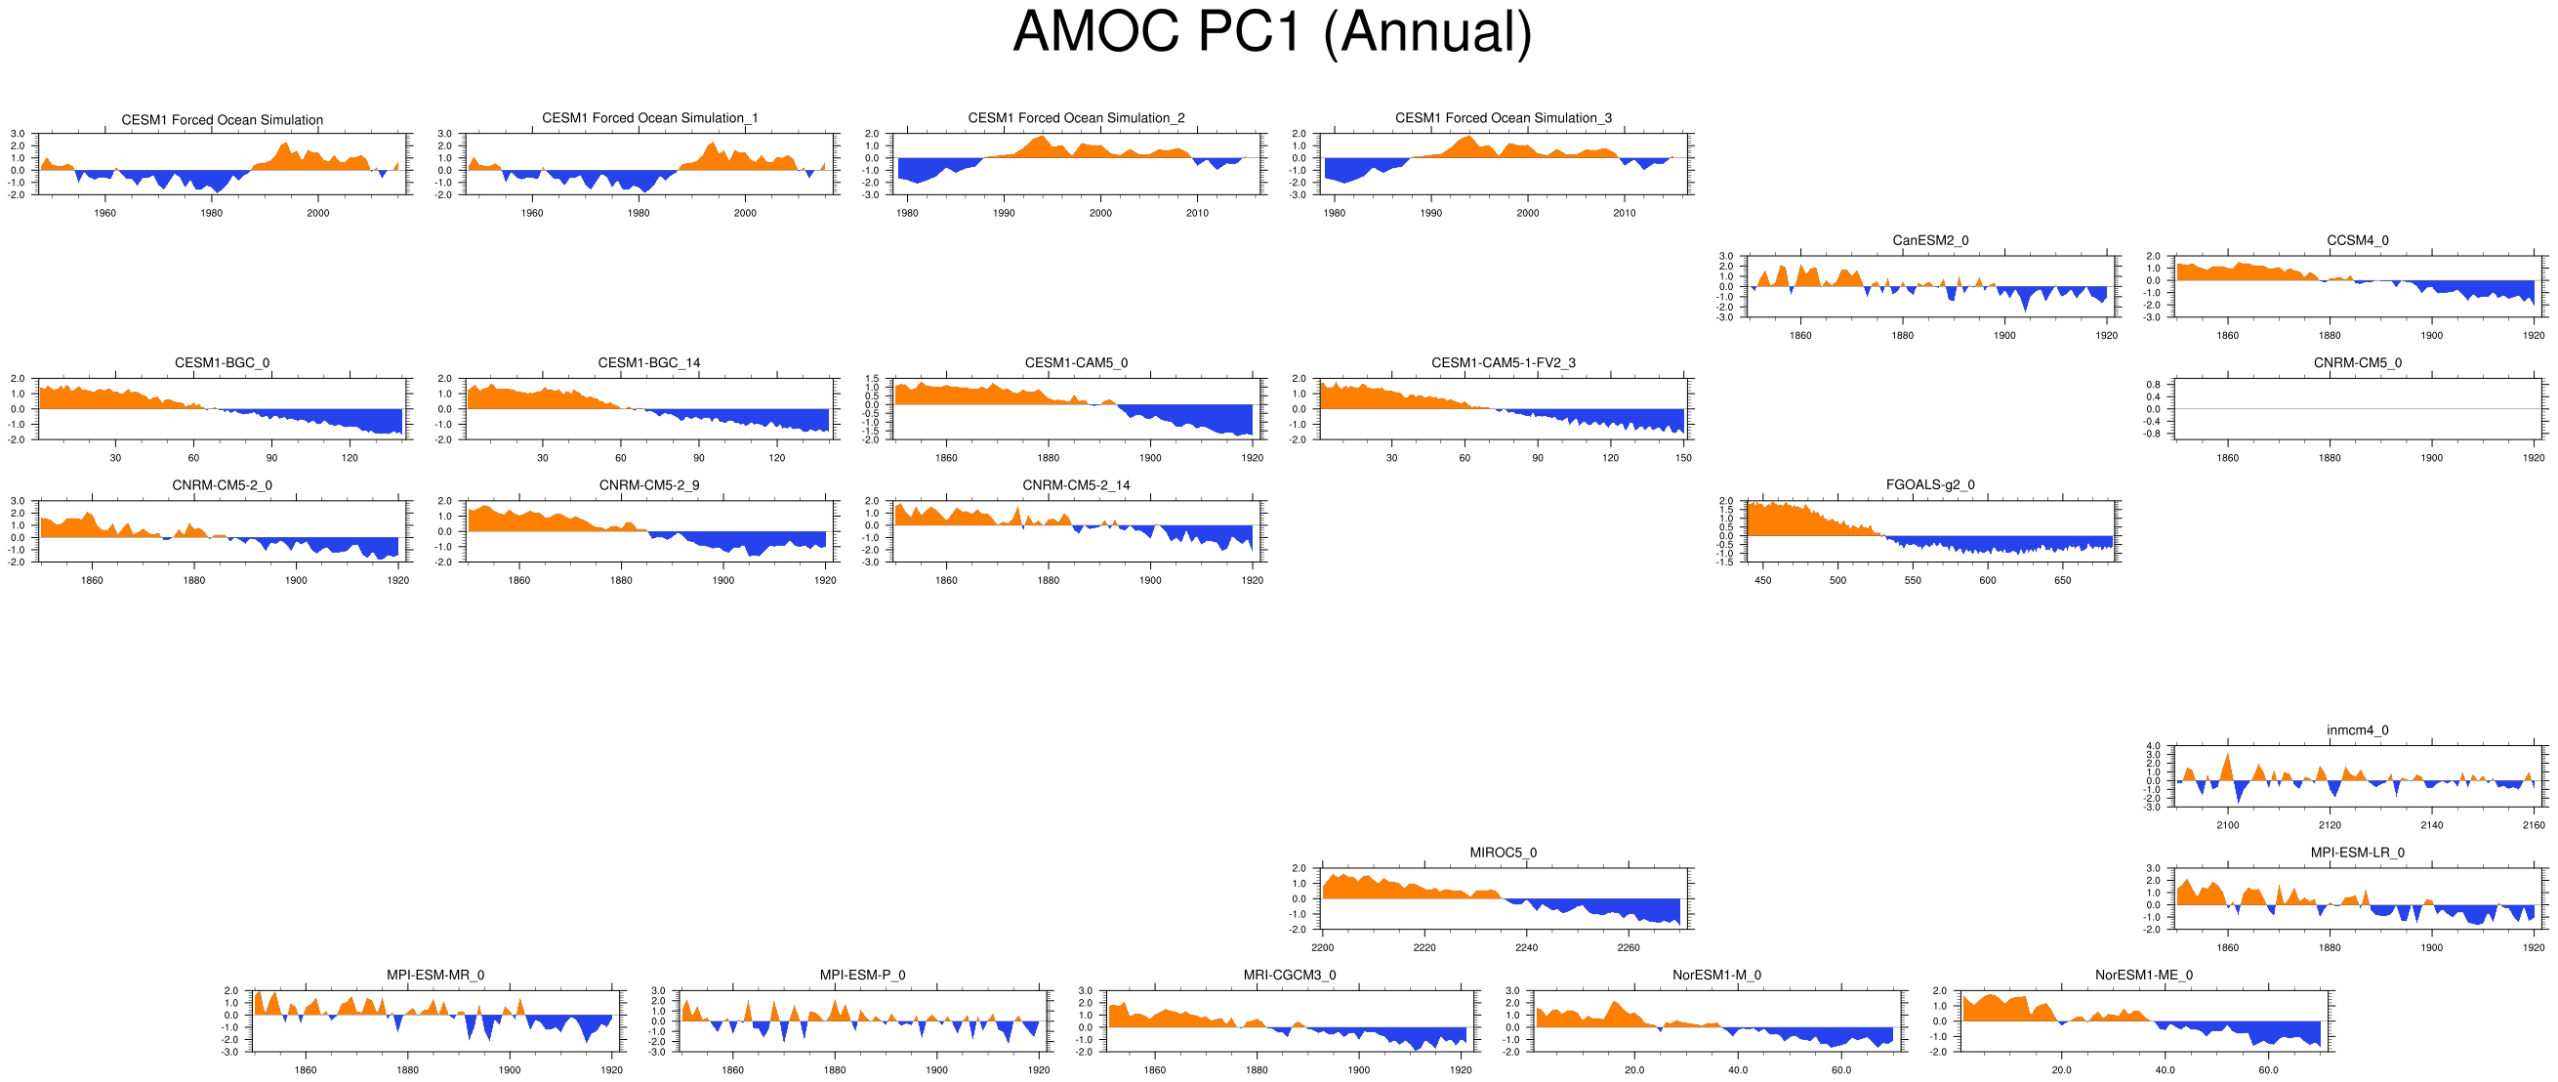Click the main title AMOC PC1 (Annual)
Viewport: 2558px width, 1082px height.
click(x=1272, y=32)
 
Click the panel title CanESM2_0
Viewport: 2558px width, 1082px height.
click(x=1929, y=240)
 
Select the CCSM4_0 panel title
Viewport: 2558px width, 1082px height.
click(x=2357, y=240)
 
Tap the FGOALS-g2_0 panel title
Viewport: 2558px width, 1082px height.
click(x=1929, y=485)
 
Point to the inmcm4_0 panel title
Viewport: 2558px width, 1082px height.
click(x=2357, y=730)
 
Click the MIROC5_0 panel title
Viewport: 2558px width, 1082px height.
click(x=1503, y=853)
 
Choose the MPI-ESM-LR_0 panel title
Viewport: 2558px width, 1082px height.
click(x=2357, y=853)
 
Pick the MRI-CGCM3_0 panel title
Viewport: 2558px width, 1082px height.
click(x=1289, y=975)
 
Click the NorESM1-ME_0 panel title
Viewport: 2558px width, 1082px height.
click(x=2143, y=975)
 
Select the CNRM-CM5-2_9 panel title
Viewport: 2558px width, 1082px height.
click(x=648, y=485)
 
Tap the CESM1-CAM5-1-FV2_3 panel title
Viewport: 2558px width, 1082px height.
click(x=1503, y=362)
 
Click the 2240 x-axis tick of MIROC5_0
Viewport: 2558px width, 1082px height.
click(x=1526, y=948)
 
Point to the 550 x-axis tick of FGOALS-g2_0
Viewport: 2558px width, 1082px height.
click(x=1913, y=580)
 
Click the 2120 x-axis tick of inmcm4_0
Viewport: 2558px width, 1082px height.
click(x=2330, y=825)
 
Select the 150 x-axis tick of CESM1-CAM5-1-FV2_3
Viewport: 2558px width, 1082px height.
click(x=1683, y=458)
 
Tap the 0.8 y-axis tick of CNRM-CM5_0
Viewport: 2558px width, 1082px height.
click(x=2152, y=385)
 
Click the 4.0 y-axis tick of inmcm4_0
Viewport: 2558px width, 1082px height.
click(x=2152, y=746)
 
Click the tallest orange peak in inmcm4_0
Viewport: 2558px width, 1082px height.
click(x=2227, y=755)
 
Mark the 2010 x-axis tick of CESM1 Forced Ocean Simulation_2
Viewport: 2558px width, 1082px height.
click(x=1197, y=213)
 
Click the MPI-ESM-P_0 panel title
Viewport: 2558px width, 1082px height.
click(x=862, y=975)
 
